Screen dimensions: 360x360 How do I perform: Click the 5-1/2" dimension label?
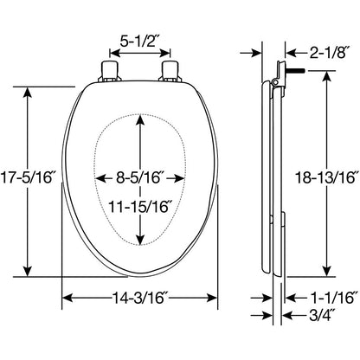[139, 42]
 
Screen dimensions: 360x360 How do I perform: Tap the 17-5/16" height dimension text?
[28, 177]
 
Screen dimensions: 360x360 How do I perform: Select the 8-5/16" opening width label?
[140, 177]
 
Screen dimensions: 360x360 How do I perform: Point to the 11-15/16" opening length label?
[140, 207]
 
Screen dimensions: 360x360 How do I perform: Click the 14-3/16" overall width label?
[140, 298]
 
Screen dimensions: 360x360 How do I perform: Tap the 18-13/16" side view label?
[326, 177]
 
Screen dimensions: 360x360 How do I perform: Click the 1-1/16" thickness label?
[331, 298]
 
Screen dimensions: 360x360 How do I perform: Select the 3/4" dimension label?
[322, 315]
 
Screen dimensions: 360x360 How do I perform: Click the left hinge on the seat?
[109, 71]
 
